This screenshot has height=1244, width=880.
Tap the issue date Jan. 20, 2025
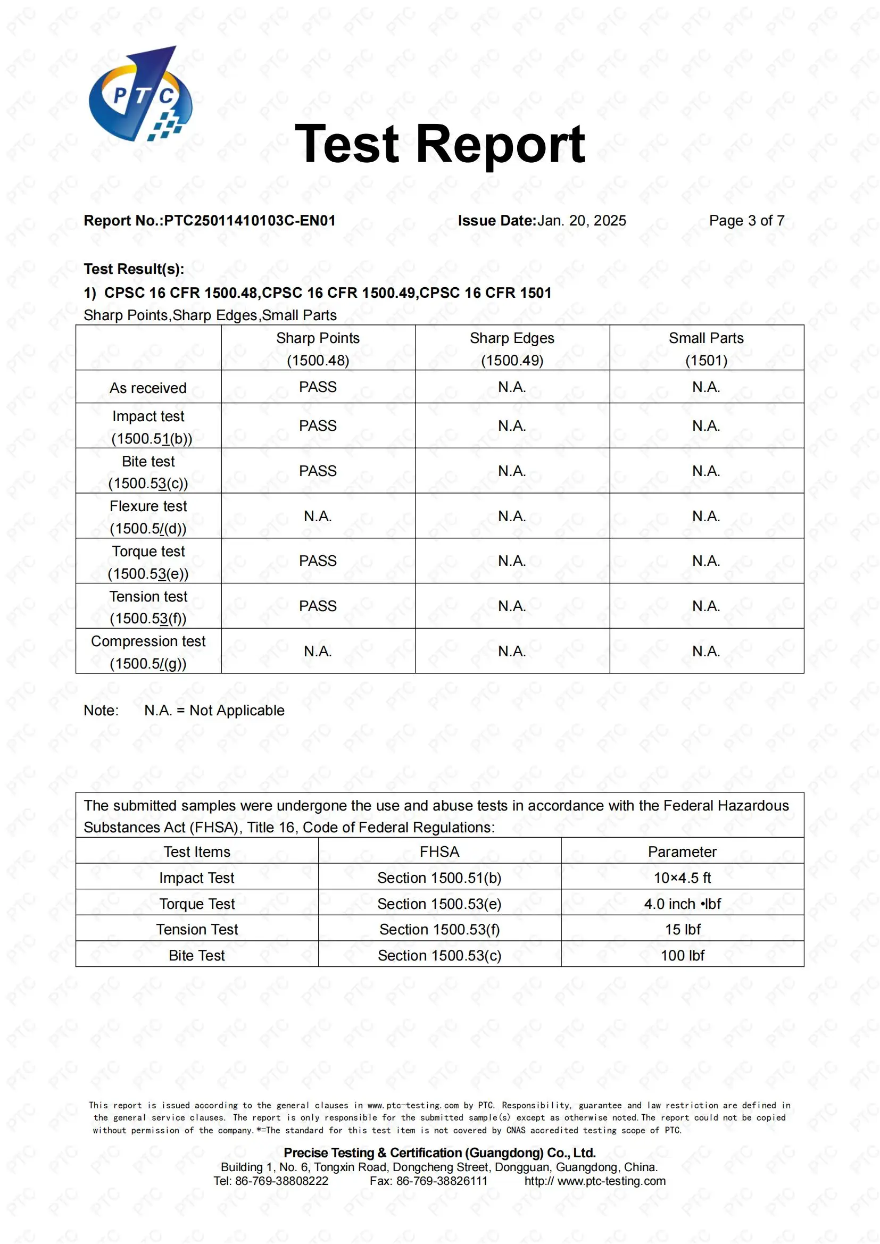(582, 221)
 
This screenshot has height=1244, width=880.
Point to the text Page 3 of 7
(746, 221)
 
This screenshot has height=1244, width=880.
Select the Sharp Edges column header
(512, 348)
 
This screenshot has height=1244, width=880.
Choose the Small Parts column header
(706, 348)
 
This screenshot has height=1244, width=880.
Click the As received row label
(148, 388)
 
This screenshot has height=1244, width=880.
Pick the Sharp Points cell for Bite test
(318, 471)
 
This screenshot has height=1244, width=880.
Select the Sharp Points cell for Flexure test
(318, 516)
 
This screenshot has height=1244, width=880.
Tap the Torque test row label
(148, 562)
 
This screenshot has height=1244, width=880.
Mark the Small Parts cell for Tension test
(706, 606)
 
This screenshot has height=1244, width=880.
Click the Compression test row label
(148, 652)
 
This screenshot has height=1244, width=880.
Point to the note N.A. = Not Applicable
(214, 711)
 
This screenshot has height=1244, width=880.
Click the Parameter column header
(682, 851)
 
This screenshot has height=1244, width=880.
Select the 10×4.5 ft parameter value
(682, 878)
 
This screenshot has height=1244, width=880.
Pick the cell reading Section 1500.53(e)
(439, 904)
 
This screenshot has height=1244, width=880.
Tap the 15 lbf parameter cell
(682, 929)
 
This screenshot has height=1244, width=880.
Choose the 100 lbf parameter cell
(682, 955)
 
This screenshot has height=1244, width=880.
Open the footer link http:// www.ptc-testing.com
(594, 1181)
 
